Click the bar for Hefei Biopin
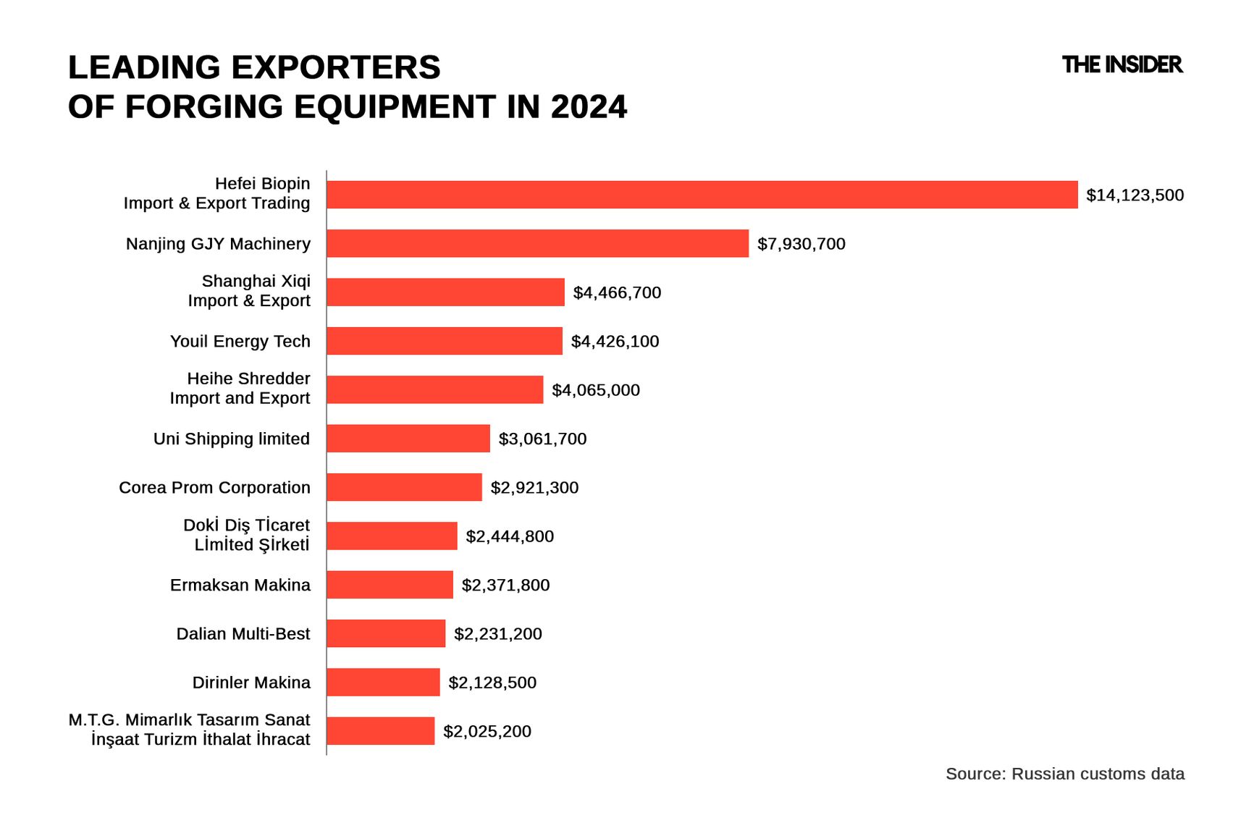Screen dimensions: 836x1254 (x=702, y=195)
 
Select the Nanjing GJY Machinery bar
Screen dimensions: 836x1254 (x=537, y=243)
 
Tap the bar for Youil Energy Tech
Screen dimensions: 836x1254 (x=444, y=341)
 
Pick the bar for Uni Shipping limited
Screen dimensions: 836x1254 (x=408, y=439)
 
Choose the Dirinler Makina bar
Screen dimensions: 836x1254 (x=383, y=683)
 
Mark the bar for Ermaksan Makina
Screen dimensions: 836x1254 (x=390, y=585)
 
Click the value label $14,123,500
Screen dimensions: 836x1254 (x=1135, y=195)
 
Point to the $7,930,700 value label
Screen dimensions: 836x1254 (x=801, y=244)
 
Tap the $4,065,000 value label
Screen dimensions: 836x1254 (x=595, y=390)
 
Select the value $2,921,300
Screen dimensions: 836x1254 (x=534, y=488)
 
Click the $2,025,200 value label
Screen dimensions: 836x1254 (x=487, y=732)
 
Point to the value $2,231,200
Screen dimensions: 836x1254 (x=497, y=634)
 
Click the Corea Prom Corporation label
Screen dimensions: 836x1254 (x=214, y=488)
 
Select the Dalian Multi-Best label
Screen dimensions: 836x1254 (x=243, y=634)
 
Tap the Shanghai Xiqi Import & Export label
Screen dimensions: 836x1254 (x=249, y=291)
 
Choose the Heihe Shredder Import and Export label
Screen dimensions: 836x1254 (x=240, y=389)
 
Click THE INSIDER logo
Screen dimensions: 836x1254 (x=1122, y=65)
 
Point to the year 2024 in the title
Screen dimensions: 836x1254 (x=589, y=107)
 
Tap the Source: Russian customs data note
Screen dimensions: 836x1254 (x=1064, y=774)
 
